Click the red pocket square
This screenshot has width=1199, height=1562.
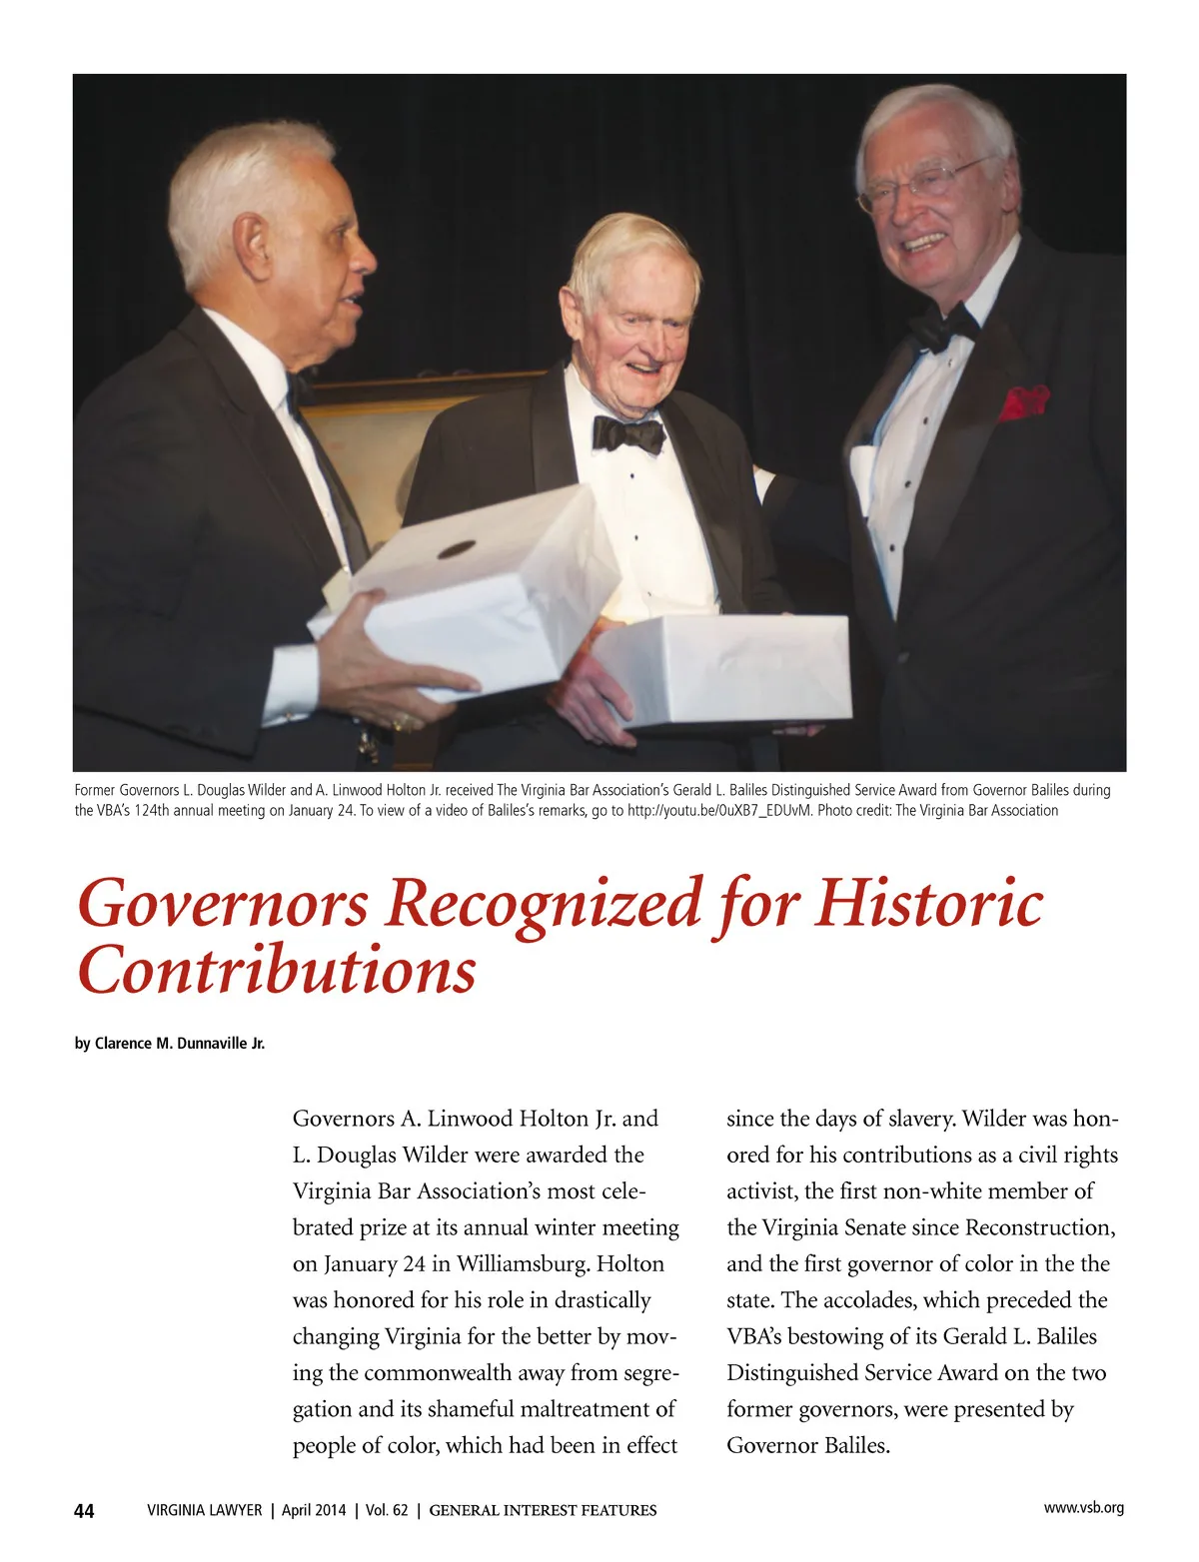tap(1023, 400)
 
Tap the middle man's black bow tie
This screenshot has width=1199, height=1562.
tap(628, 433)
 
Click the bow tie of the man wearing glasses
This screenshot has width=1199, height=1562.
tap(943, 326)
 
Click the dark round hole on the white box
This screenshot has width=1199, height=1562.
tap(457, 549)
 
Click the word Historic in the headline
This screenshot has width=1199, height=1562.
tap(929, 904)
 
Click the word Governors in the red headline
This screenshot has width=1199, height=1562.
tap(223, 904)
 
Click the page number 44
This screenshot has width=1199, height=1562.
tap(84, 1511)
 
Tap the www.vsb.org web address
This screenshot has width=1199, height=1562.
tap(1083, 1508)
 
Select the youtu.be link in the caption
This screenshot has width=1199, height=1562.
tap(718, 810)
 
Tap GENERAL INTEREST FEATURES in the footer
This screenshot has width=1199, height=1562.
tap(543, 1511)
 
